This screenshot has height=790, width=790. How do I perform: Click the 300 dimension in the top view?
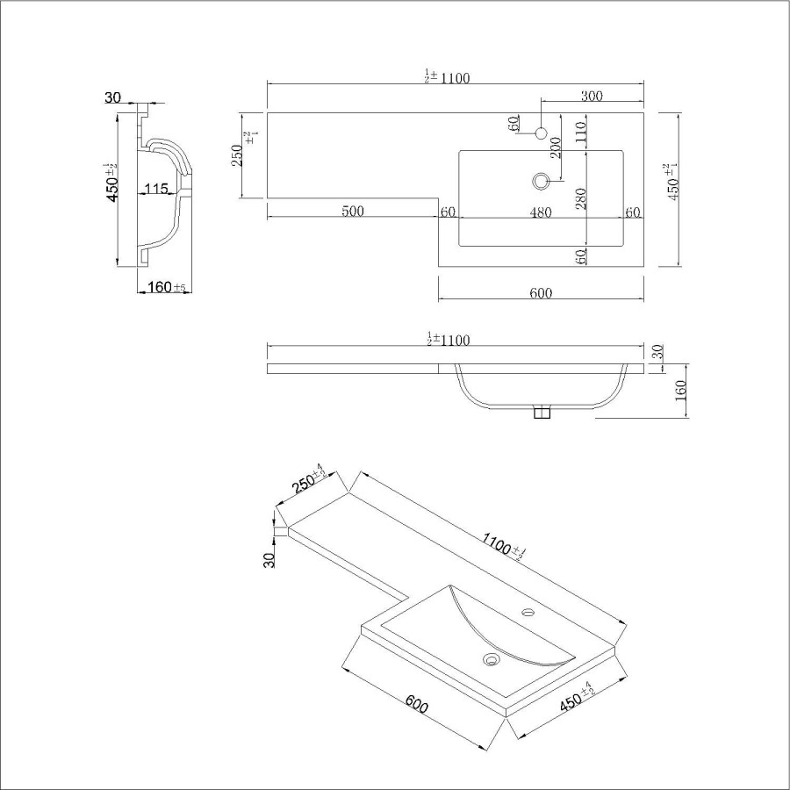[592, 97]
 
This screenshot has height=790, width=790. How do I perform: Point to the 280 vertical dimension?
[580, 203]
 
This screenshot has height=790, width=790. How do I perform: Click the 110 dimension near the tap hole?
[580, 132]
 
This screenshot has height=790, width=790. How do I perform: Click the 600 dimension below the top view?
[541, 293]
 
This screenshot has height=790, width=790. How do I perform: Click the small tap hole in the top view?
[542, 133]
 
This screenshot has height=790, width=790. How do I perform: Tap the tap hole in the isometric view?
[529, 610]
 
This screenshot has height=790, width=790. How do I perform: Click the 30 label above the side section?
[112, 97]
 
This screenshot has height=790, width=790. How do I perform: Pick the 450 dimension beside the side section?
[111, 183]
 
